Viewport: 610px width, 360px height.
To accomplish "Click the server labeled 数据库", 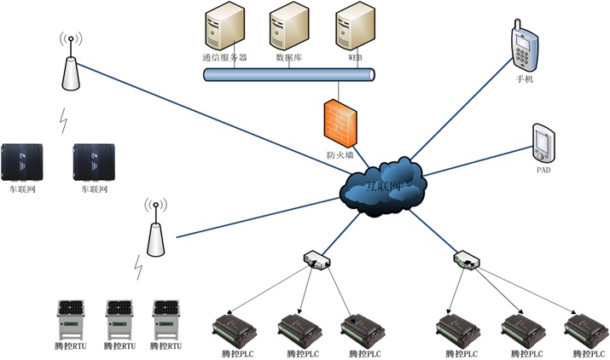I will (288, 29).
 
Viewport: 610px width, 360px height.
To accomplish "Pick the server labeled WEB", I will (353, 29).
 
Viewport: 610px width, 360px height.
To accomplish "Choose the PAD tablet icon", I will (543, 142).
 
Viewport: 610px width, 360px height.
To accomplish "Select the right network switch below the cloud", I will (466, 258).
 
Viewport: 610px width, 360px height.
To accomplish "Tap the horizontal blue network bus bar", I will (290, 75).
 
